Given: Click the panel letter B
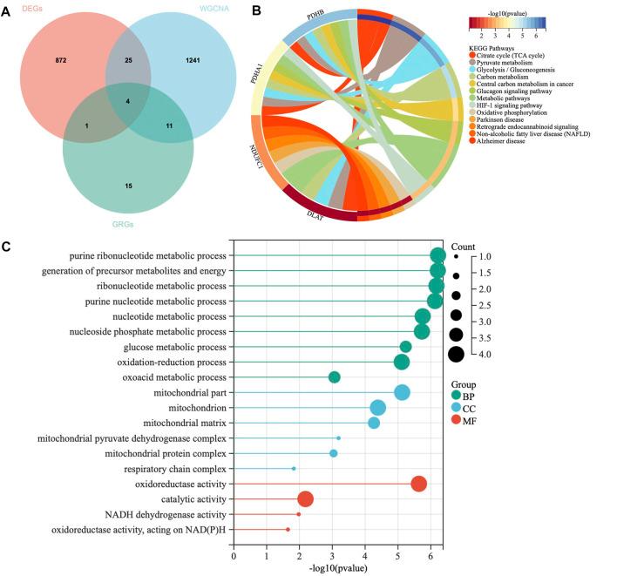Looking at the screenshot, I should pos(256,10).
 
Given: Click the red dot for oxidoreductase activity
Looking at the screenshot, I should pos(418,484).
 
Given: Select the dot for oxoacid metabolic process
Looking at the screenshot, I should pos(334,376).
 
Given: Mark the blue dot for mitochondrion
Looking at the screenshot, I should pos(377,407).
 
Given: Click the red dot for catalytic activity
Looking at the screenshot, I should pos(305,498).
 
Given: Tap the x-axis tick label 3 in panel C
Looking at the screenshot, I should pos(332,554).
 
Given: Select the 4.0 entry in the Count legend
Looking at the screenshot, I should pos(483,353).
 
